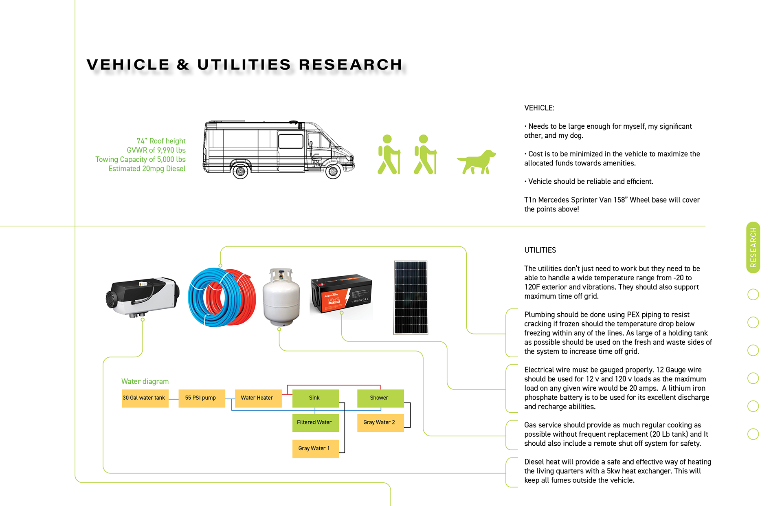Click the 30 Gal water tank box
145,398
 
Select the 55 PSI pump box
202,398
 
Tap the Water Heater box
258,398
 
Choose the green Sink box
315,398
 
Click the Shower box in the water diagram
380,398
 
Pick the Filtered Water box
315,422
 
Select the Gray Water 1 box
315,449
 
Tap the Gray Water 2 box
380,422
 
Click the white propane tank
281,297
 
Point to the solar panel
411,297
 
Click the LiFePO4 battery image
341,294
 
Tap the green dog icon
476,162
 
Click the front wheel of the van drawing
333,172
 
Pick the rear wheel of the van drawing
240,172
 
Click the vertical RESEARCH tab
753,247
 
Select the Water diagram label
145,381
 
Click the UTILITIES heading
540,250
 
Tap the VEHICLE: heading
539,108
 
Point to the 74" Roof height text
161,141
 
